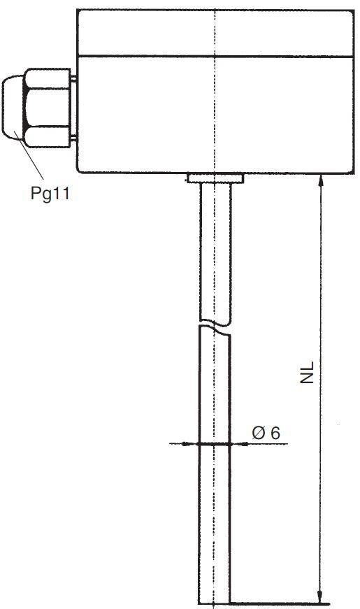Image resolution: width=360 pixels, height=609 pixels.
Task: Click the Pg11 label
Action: coord(50,194)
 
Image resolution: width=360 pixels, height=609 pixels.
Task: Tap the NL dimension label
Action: coord(307,373)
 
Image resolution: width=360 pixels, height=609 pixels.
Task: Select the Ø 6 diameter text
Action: coord(266,433)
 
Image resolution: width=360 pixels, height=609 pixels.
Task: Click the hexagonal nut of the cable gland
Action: coord(48,108)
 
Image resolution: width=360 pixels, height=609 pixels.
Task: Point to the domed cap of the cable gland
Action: coord(13,108)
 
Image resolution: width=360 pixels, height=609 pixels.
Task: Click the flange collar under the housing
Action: coord(215,178)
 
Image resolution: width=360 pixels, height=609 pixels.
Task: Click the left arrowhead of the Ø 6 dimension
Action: coord(192,443)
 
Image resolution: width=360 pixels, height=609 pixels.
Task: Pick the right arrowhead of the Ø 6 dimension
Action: coord(238,443)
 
